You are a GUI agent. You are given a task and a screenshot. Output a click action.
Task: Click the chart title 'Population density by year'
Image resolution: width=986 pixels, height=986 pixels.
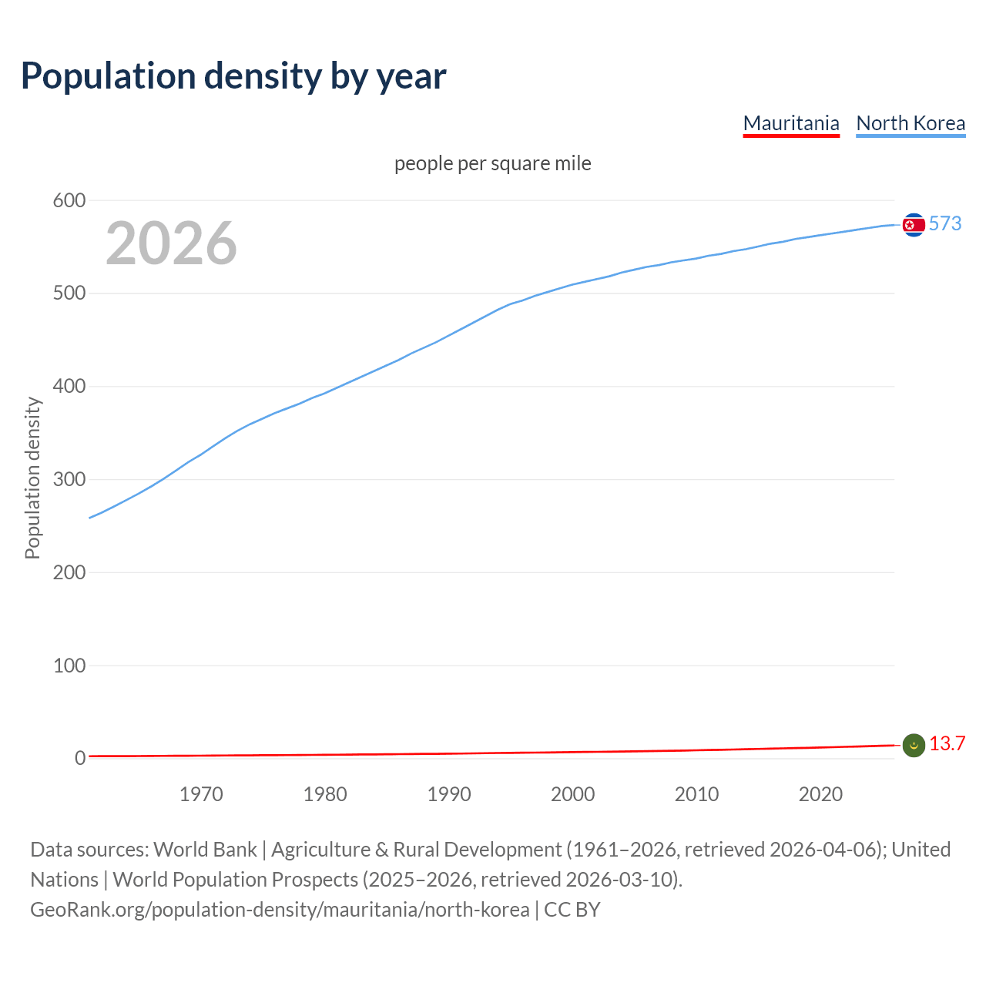[x=233, y=75]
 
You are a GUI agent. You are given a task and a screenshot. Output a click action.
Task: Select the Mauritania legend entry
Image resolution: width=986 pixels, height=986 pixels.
[x=791, y=123]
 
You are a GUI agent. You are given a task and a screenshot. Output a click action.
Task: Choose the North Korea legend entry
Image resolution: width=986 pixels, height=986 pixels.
[x=911, y=123]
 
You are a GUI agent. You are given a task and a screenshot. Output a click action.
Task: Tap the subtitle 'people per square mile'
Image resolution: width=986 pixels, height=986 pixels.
[x=493, y=163]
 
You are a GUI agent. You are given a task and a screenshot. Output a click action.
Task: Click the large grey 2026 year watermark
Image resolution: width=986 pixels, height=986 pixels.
[x=171, y=243]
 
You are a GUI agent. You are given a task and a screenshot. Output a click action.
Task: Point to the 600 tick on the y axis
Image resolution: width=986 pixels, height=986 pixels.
[x=69, y=201]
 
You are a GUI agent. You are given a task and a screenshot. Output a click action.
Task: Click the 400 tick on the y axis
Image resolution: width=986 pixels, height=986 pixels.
[x=69, y=387]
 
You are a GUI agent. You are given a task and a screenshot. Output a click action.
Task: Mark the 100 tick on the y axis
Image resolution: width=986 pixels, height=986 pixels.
[x=69, y=666]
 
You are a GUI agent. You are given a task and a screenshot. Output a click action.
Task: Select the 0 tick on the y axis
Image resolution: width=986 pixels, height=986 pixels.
[x=79, y=759]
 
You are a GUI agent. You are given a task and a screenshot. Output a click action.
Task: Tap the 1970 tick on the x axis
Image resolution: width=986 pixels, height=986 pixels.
[x=201, y=794]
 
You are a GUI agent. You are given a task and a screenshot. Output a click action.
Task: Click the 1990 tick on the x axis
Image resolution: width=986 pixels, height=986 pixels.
[x=449, y=794]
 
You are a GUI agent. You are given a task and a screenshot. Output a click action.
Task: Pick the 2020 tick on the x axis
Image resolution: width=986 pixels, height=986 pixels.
[x=820, y=794]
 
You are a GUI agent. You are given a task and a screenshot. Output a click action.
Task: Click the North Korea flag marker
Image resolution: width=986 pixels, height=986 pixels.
[x=914, y=225]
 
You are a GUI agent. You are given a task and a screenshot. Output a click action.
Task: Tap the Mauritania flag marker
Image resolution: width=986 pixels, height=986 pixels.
[x=914, y=746]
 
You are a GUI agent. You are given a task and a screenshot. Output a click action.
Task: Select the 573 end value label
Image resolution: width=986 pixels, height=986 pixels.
[x=945, y=223]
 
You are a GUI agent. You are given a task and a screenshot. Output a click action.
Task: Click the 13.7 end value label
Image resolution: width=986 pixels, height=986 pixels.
[x=947, y=743]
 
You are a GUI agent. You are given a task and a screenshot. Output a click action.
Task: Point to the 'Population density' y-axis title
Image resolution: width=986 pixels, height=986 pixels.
[x=32, y=478]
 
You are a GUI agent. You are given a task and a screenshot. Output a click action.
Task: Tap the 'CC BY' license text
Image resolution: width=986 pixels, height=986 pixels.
[x=572, y=910]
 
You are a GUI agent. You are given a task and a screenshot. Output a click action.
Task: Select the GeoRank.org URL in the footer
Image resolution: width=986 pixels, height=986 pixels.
[x=280, y=910]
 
